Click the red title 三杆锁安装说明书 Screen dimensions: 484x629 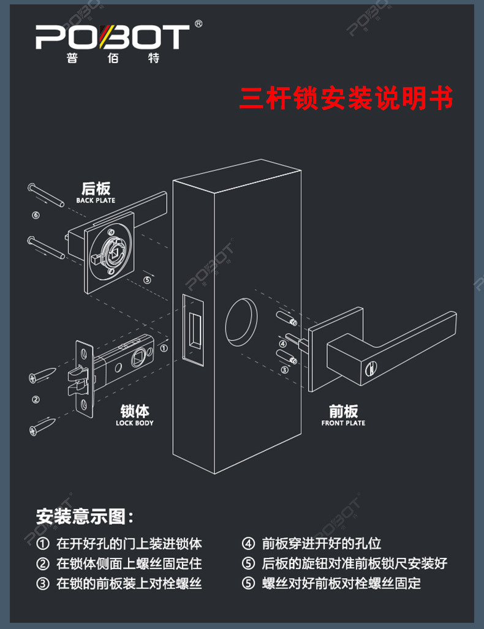click(346, 98)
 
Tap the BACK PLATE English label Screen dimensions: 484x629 click(96, 200)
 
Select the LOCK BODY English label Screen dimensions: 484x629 click(134, 423)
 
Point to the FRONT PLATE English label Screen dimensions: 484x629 click(343, 423)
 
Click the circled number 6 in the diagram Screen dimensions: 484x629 click(36, 216)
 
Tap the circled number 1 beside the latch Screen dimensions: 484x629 click(164, 348)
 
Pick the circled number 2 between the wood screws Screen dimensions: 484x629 click(36, 399)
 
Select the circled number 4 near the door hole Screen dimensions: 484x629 click(283, 344)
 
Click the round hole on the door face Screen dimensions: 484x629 click(241, 322)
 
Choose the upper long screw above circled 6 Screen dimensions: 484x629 click(46, 195)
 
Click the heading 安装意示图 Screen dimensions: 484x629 click(85, 516)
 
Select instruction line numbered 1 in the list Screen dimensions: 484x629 click(119, 543)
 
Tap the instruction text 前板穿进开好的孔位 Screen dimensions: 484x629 click(322, 543)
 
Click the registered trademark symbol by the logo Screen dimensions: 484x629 click(199, 24)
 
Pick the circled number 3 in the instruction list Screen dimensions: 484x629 click(43, 583)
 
